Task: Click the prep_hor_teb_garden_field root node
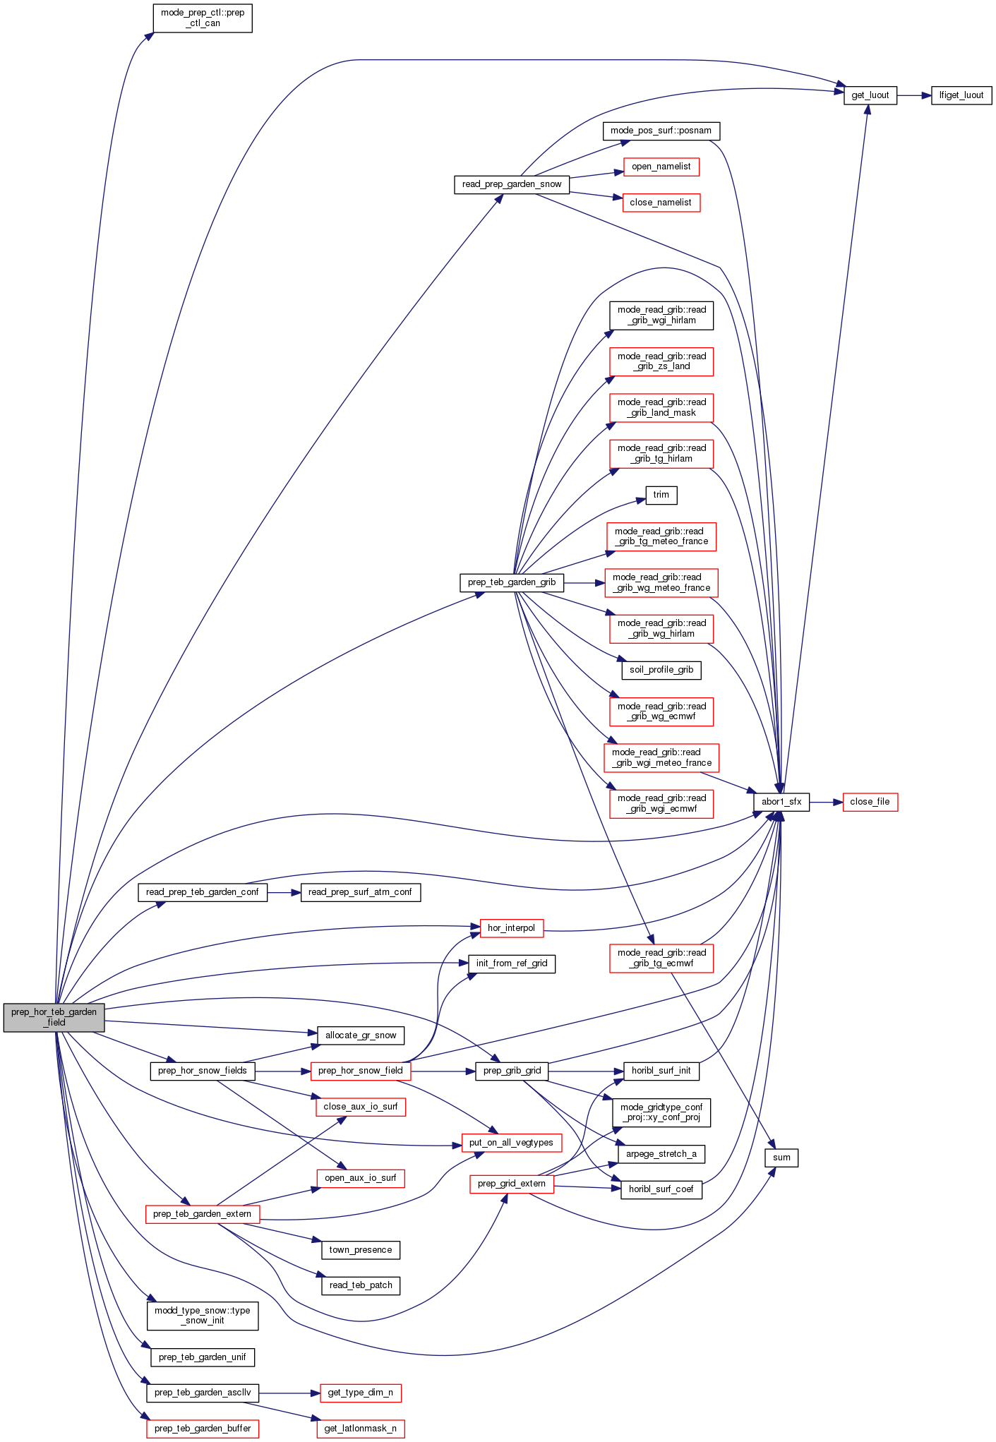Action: click(x=54, y=1017)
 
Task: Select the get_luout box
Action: click(x=870, y=95)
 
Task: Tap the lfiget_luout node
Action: click(x=961, y=95)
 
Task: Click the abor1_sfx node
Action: click(x=781, y=802)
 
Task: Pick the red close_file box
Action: click(x=870, y=802)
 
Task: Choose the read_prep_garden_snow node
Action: click(x=511, y=184)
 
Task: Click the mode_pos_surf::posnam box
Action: click(x=661, y=131)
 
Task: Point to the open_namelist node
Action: click(x=661, y=167)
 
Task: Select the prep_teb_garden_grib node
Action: click(x=511, y=582)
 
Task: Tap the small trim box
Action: click(x=661, y=495)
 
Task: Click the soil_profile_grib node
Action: click(x=661, y=670)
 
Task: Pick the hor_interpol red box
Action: click(x=511, y=928)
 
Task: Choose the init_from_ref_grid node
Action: click(x=511, y=963)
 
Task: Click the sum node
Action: click(x=781, y=1158)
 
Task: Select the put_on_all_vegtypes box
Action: click(x=511, y=1143)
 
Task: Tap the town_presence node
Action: click(x=360, y=1250)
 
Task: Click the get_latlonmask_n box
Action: click(x=360, y=1429)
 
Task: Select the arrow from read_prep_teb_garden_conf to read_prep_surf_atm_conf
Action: click(x=284, y=892)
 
